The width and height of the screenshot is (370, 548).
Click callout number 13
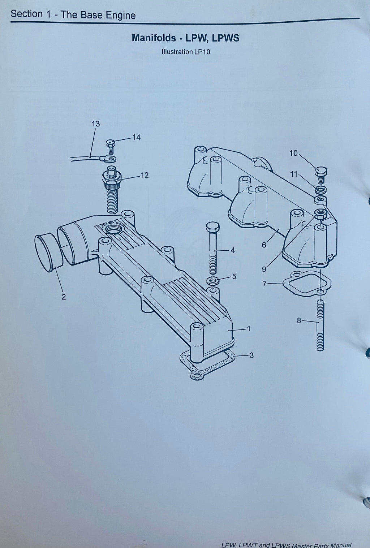click(96, 124)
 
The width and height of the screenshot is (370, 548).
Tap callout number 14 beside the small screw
click(136, 138)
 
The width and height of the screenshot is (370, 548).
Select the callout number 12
click(145, 176)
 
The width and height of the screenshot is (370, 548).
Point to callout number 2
click(64, 297)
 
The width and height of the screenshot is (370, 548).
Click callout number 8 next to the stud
click(299, 320)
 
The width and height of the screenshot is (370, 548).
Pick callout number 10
click(293, 154)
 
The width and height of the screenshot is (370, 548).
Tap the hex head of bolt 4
click(213, 227)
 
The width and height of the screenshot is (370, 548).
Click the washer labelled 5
click(213, 281)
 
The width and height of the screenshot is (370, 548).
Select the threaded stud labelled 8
click(320, 325)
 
